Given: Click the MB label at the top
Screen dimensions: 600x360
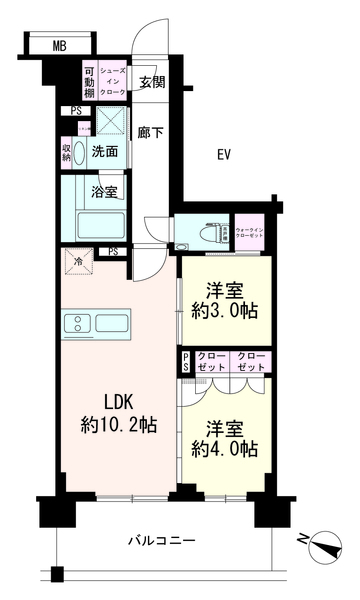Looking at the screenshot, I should coord(59,45).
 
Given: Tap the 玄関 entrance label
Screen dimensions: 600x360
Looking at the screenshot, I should coord(151,82).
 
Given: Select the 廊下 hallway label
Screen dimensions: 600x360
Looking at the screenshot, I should coord(151,130).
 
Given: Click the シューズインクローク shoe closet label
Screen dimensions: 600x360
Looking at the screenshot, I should coord(111,79).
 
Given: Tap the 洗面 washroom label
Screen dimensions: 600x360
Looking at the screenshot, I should coord(105,152).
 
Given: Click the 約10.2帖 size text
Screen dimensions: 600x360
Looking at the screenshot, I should coord(118,426).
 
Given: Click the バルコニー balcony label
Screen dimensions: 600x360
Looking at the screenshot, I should coord(161,540).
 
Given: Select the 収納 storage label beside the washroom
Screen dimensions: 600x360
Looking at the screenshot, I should coord(67,151).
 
